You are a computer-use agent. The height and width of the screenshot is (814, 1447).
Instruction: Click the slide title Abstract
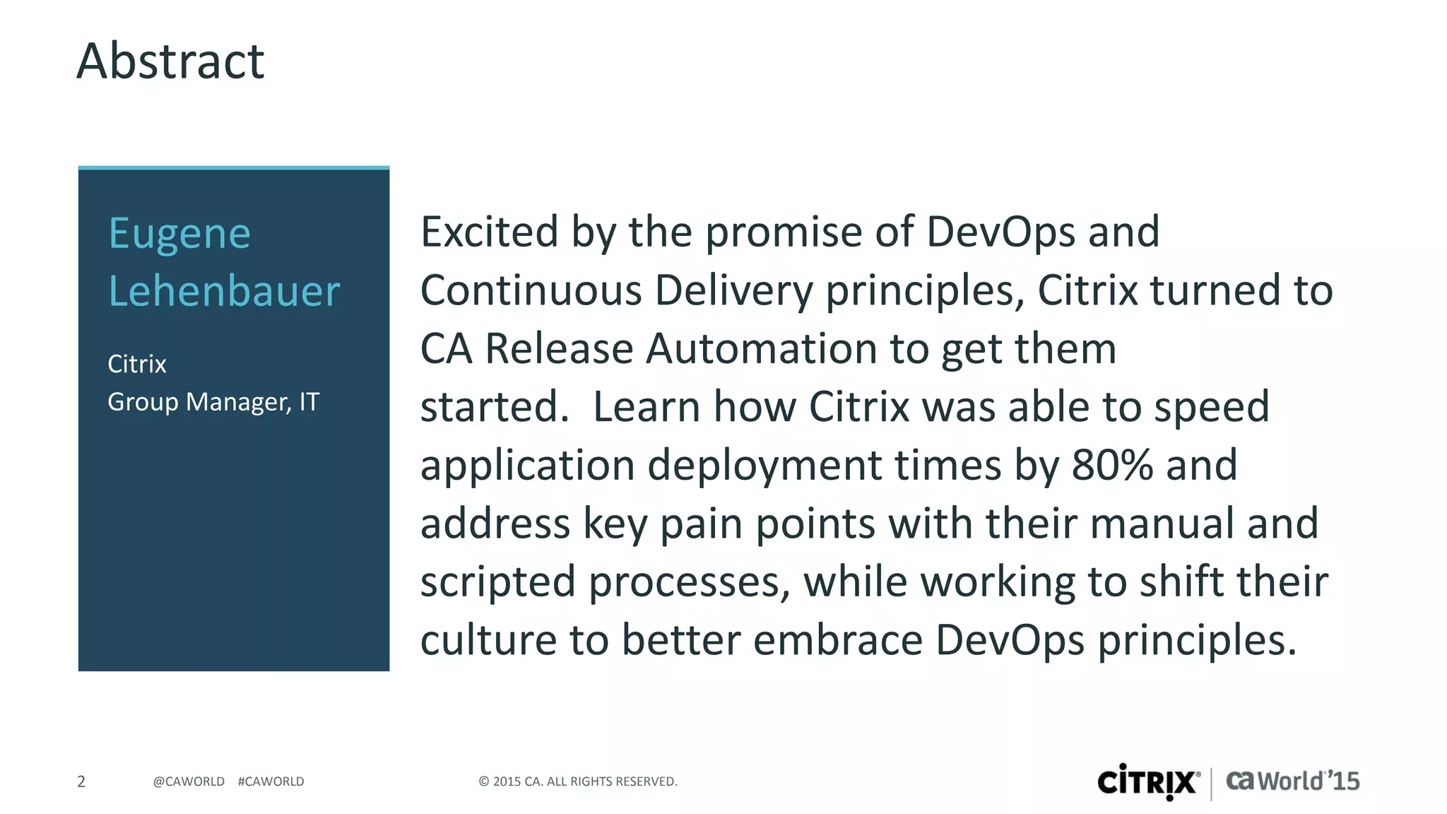click(170, 61)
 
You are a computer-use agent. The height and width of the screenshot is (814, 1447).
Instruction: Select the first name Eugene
click(179, 234)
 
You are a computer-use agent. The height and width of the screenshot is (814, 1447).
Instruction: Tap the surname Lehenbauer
click(224, 291)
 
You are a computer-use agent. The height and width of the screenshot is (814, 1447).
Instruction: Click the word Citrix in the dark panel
click(137, 364)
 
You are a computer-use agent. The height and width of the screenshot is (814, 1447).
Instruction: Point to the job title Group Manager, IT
click(213, 402)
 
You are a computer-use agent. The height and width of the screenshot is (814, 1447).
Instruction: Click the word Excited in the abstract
click(490, 232)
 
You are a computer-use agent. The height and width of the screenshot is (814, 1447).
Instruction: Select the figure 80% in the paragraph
click(1112, 465)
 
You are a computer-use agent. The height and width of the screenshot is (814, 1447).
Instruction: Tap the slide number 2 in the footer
click(81, 781)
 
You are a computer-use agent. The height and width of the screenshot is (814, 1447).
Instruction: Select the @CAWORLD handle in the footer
click(189, 781)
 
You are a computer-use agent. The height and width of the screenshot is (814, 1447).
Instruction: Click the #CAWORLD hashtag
click(271, 781)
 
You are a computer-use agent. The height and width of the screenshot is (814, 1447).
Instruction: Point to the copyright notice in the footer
click(578, 781)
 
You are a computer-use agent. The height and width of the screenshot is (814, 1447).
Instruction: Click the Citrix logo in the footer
click(1148, 781)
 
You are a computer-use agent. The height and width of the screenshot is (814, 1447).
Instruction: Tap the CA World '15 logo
click(1292, 781)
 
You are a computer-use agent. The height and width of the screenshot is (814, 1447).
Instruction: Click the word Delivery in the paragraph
click(734, 290)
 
